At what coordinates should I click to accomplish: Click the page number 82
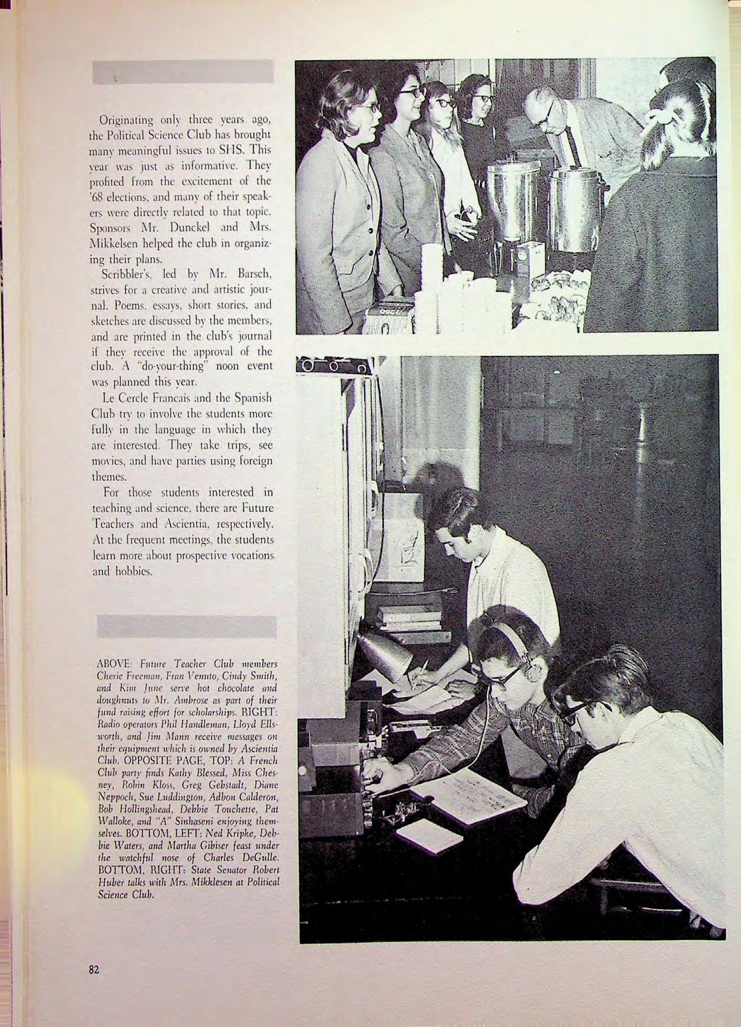point(94,970)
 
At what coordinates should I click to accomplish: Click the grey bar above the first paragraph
point(183,72)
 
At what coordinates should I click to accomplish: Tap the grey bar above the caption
point(187,627)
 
